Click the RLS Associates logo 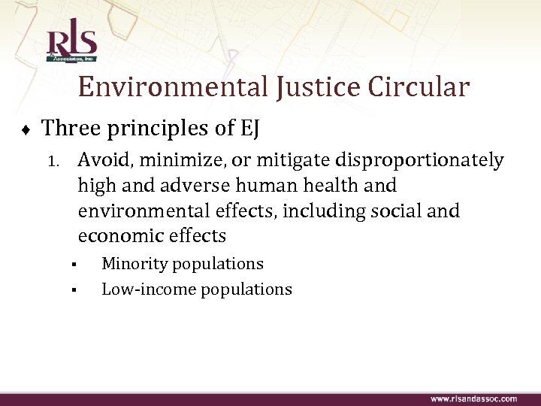(x=72, y=43)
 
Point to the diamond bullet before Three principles (x=26, y=129)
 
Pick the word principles (x=160, y=129)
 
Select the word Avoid (x=101, y=160)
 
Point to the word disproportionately (x=421, y=160)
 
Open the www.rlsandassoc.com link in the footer (x=473, y=398)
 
